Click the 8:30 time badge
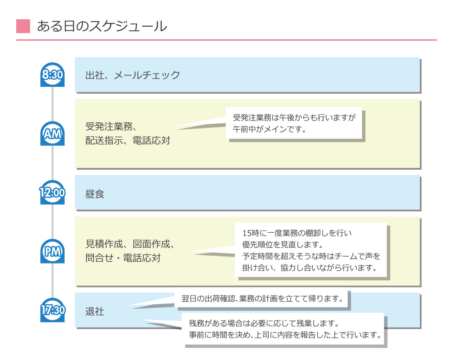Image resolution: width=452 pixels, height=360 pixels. pos(52,75)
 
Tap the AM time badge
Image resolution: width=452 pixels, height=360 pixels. pos(52,133)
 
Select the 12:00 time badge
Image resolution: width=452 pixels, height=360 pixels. pos(52,192)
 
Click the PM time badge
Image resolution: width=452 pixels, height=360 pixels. pos(52,251)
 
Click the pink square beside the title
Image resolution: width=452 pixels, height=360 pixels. pos(23,26)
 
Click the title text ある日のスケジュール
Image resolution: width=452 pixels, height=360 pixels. pos(102,26)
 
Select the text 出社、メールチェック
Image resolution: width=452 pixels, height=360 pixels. pos(132,75)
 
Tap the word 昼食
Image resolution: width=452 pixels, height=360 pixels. pos(95,194)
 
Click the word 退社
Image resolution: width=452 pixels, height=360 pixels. pos(95,312)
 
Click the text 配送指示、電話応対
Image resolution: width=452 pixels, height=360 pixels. pos(128,141)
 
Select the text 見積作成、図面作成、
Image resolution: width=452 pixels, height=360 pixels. pos(130,244)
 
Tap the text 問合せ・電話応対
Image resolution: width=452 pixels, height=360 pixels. pos(123,258)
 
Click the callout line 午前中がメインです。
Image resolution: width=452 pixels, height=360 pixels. pos(269,129)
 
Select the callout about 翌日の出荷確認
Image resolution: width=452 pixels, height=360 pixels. pos(262,299)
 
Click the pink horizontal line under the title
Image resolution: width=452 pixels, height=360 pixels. pos(226,40)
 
